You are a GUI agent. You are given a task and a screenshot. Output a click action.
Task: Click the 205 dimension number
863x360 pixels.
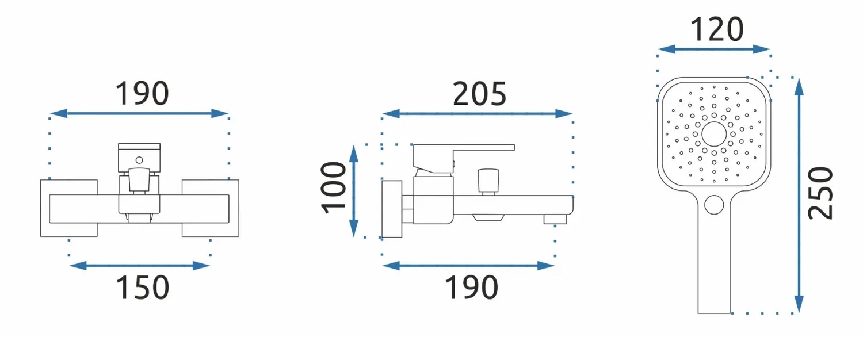pyautogui.click(x=479, y=94)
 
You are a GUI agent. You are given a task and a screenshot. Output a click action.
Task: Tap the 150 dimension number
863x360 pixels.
pyautogui.click(x=143, y=288)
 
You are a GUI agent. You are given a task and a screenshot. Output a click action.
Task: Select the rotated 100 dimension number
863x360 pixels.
pyautogui.click(x=334, y=187)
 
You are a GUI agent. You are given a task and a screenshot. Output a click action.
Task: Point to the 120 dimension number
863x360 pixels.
pyautogui.click(x=717, y=29)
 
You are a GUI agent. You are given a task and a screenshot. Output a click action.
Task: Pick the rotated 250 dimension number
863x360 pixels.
pyautogui.click(x=820, y=193)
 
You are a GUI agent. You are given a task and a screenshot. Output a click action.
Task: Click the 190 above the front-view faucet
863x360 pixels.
pyautogui.click(x=142, y=94)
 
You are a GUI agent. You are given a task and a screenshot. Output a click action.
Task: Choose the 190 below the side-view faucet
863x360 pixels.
pyautogui.click(x=472, y=288)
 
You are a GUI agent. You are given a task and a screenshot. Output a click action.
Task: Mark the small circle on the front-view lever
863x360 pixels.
pyautogui.click(x=139, y=160)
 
